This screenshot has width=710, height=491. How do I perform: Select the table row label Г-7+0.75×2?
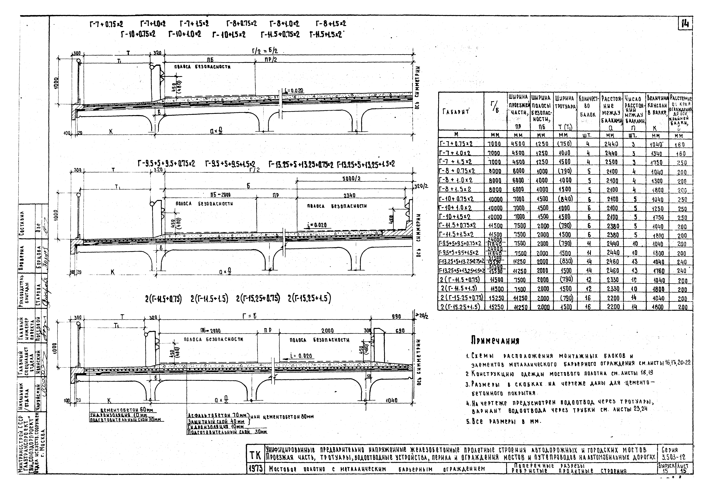tap(456, 144)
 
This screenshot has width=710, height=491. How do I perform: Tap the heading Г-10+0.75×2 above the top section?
tap(138, 34)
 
